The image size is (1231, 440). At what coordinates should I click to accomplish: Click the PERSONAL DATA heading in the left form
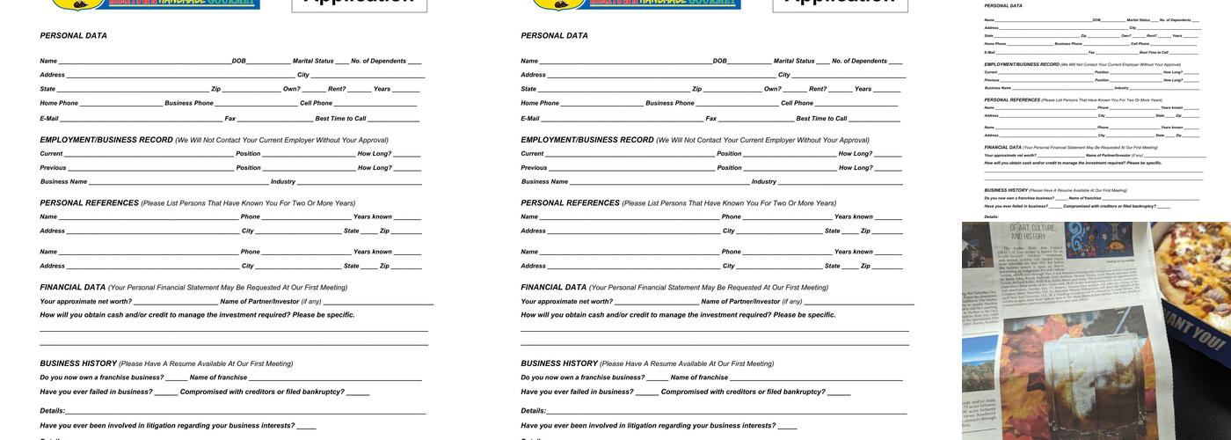[73, 36]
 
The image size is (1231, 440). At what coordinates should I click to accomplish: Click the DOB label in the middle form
[719, 62]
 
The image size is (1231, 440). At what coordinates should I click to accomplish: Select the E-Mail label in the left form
[49, 119]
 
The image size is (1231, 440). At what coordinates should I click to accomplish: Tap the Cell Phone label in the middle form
[797, 104]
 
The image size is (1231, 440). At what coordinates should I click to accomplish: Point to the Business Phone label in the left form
[189, 104]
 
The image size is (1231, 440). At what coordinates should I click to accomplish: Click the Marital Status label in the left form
[313, 62]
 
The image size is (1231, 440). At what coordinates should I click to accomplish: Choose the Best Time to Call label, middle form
[821, 119]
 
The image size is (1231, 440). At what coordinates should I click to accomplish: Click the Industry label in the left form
[282, 182]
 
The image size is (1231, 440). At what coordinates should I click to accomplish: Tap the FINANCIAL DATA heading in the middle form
[553, 288]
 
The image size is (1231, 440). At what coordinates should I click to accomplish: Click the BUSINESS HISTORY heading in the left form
[78, 363]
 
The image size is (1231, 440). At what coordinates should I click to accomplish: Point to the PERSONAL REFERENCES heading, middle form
[570, 203]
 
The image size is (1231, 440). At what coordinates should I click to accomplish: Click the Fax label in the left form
[229, 119]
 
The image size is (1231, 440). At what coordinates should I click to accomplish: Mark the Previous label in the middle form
[534, 168]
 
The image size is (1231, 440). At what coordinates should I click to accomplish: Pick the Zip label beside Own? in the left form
[215, 89]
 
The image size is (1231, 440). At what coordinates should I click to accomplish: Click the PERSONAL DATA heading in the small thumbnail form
[1003, 6]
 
